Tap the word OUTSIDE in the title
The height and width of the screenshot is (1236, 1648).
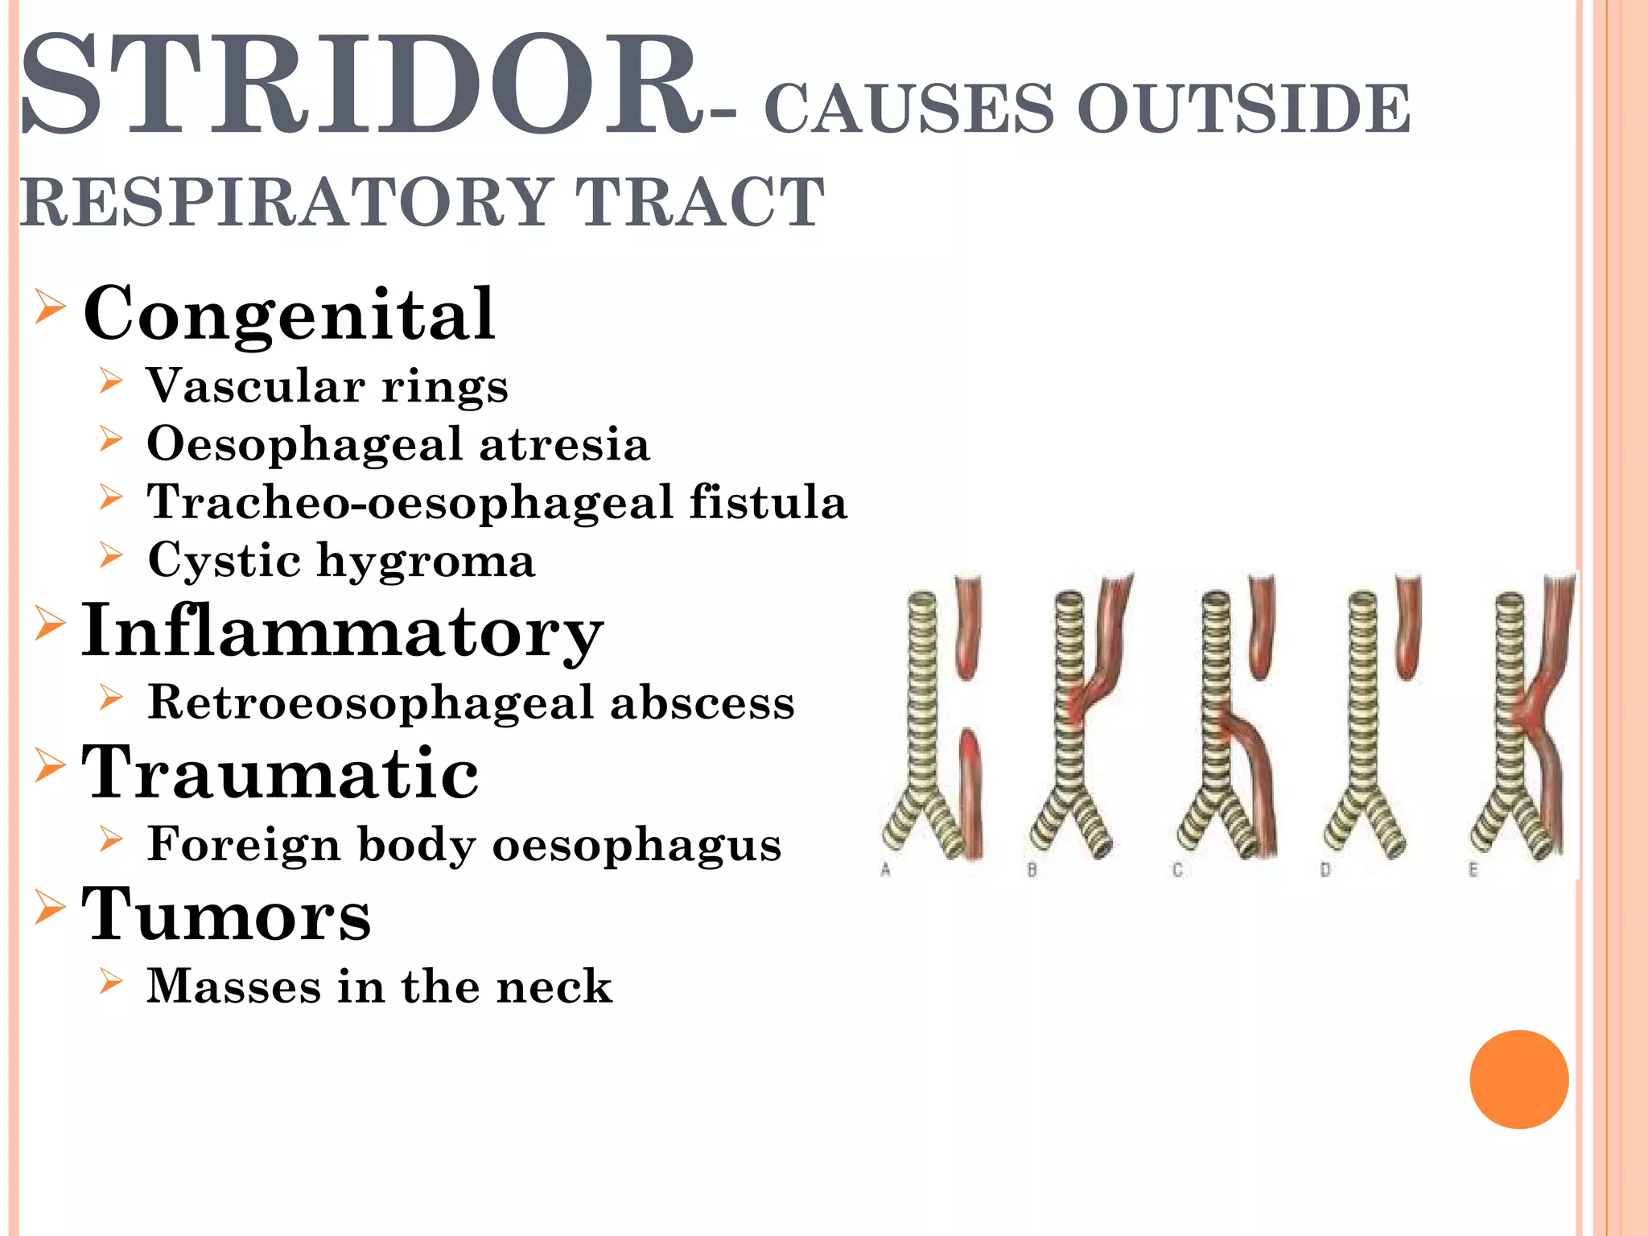tap(1243, 109)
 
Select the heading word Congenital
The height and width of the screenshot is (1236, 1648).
tap(289, 314)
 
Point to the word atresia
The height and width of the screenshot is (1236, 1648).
tap(564, 444)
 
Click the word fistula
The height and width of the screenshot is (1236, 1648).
tap(768, 502)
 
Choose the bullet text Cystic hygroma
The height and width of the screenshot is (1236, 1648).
tap(341, 560)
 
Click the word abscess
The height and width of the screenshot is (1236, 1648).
tap(702, 702)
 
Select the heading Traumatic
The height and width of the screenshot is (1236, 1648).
tap(280, 772)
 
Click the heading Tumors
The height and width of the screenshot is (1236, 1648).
tap(226, 915)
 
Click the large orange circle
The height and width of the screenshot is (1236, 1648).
tap(1518, 1079)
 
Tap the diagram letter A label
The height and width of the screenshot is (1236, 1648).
tap(886, 870)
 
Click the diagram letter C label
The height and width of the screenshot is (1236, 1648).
tap(1177, 870)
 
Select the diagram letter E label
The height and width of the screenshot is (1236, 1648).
tap(1473, 870)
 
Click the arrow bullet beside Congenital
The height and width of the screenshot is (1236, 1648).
tap(49, 307)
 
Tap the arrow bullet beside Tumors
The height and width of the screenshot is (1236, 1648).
tap(49, 908)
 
